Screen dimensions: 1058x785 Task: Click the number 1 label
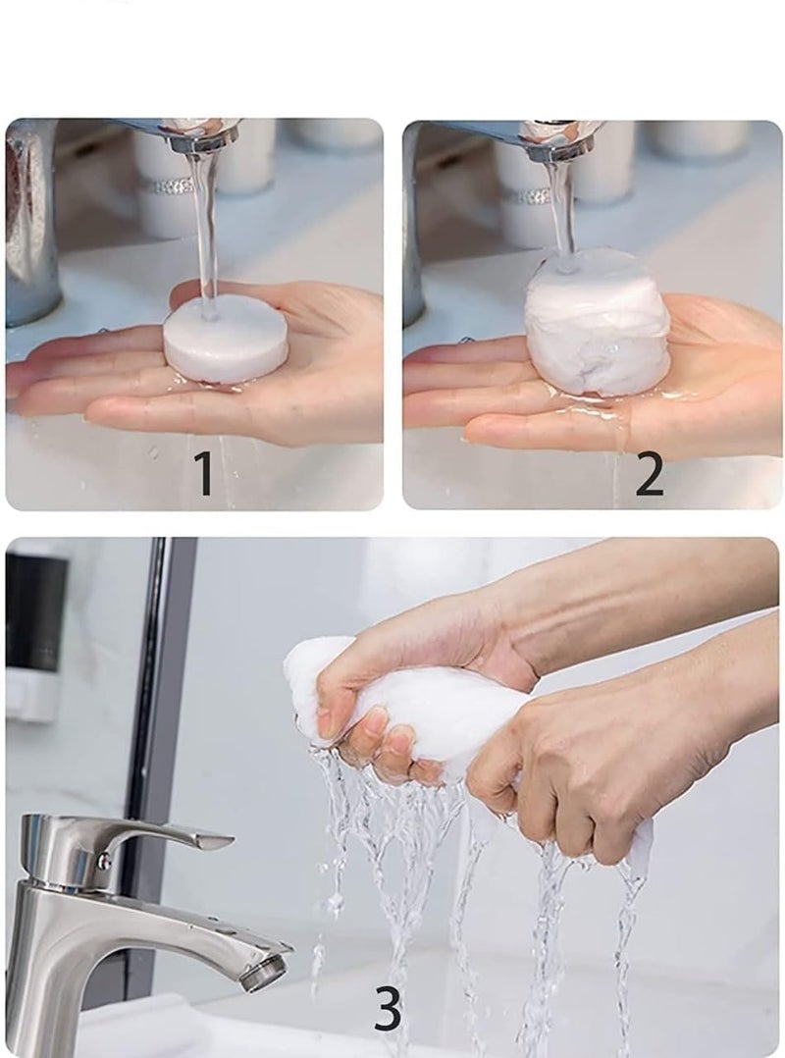pos(203,474)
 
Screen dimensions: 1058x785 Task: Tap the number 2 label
pos(649,474)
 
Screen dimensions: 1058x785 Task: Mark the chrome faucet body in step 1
pos(29,226)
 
